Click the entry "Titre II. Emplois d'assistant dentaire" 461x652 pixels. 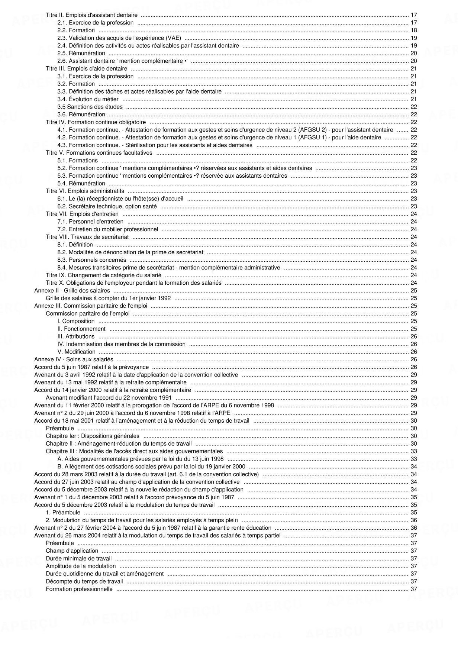[x=91, y=15]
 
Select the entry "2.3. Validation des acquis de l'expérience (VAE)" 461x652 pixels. [x=119, y=38]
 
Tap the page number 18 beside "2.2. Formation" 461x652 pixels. [x=413, y=30]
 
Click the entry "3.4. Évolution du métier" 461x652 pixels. [x=88, y=99]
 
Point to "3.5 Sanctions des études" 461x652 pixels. [x=90, y=107]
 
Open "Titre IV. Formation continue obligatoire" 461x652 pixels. [x=96, y=122]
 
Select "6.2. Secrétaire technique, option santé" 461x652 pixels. [x=107, y=206]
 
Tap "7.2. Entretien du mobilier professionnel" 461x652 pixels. [x=107, y=229]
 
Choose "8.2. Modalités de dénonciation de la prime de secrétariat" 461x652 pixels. [x=130, y=252]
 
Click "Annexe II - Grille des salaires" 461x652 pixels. [x=72, y=291]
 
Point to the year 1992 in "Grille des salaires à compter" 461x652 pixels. [x=164, y=298]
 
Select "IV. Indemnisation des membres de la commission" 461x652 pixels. [x=121, y=344]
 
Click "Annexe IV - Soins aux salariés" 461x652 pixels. [x=74, y=359]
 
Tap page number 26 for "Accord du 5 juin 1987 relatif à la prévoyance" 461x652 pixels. [x=413, y=367]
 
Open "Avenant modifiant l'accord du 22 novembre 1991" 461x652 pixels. [x=109, y=398]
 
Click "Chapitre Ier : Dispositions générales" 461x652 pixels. [x=93, y=436]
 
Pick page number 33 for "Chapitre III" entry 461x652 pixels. [x=413, y=451]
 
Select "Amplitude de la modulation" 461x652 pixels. [x=81, y=566]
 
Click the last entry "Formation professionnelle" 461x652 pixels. [x=79, y=589]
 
